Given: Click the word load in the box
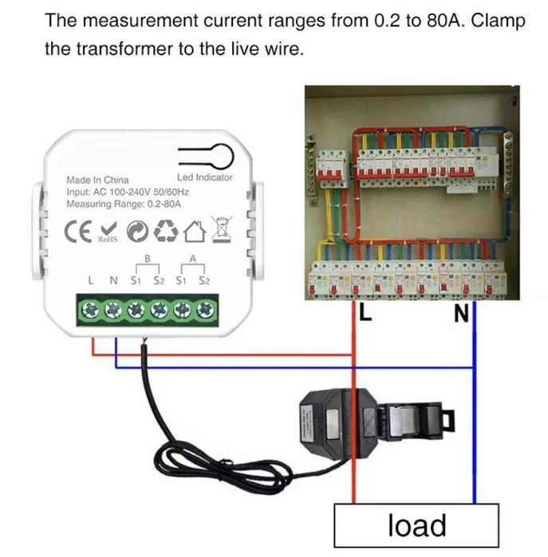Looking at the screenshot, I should (417, 526).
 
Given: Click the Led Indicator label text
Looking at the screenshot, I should (204, 177).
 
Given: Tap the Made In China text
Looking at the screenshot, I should (97, 180).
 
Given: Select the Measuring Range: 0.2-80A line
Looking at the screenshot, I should (124, 204).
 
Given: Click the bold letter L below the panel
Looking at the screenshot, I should (365, 313).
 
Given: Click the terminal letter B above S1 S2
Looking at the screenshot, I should (147, 258).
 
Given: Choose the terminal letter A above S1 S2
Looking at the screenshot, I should (192, 258).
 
